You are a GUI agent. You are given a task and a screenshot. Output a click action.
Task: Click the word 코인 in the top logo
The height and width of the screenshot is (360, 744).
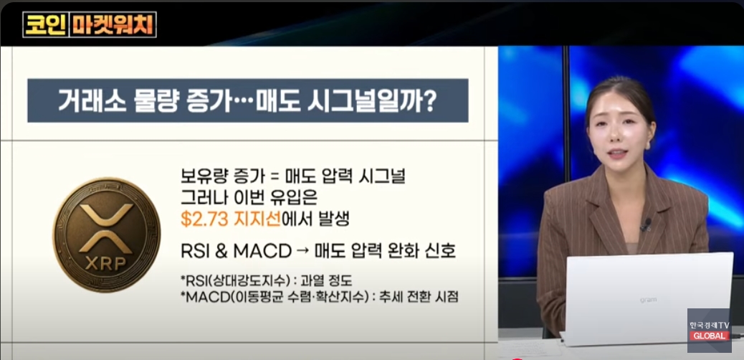[x=46, y=24]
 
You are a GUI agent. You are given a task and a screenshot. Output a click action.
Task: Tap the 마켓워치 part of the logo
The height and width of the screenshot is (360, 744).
[x=113, y=24]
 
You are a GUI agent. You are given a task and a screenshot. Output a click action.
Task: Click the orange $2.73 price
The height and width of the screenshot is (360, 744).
[x=201, y=219]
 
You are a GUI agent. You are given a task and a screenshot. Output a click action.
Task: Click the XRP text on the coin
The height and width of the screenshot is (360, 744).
[x=106, y=264]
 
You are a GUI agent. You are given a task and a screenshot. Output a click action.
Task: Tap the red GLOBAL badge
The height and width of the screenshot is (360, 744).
[x=710, y=336]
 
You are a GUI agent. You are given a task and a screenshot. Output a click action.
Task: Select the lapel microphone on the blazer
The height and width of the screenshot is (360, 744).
[x=646, y=224]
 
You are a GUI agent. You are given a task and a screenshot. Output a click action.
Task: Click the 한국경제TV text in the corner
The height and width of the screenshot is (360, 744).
[x=710, y=326]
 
